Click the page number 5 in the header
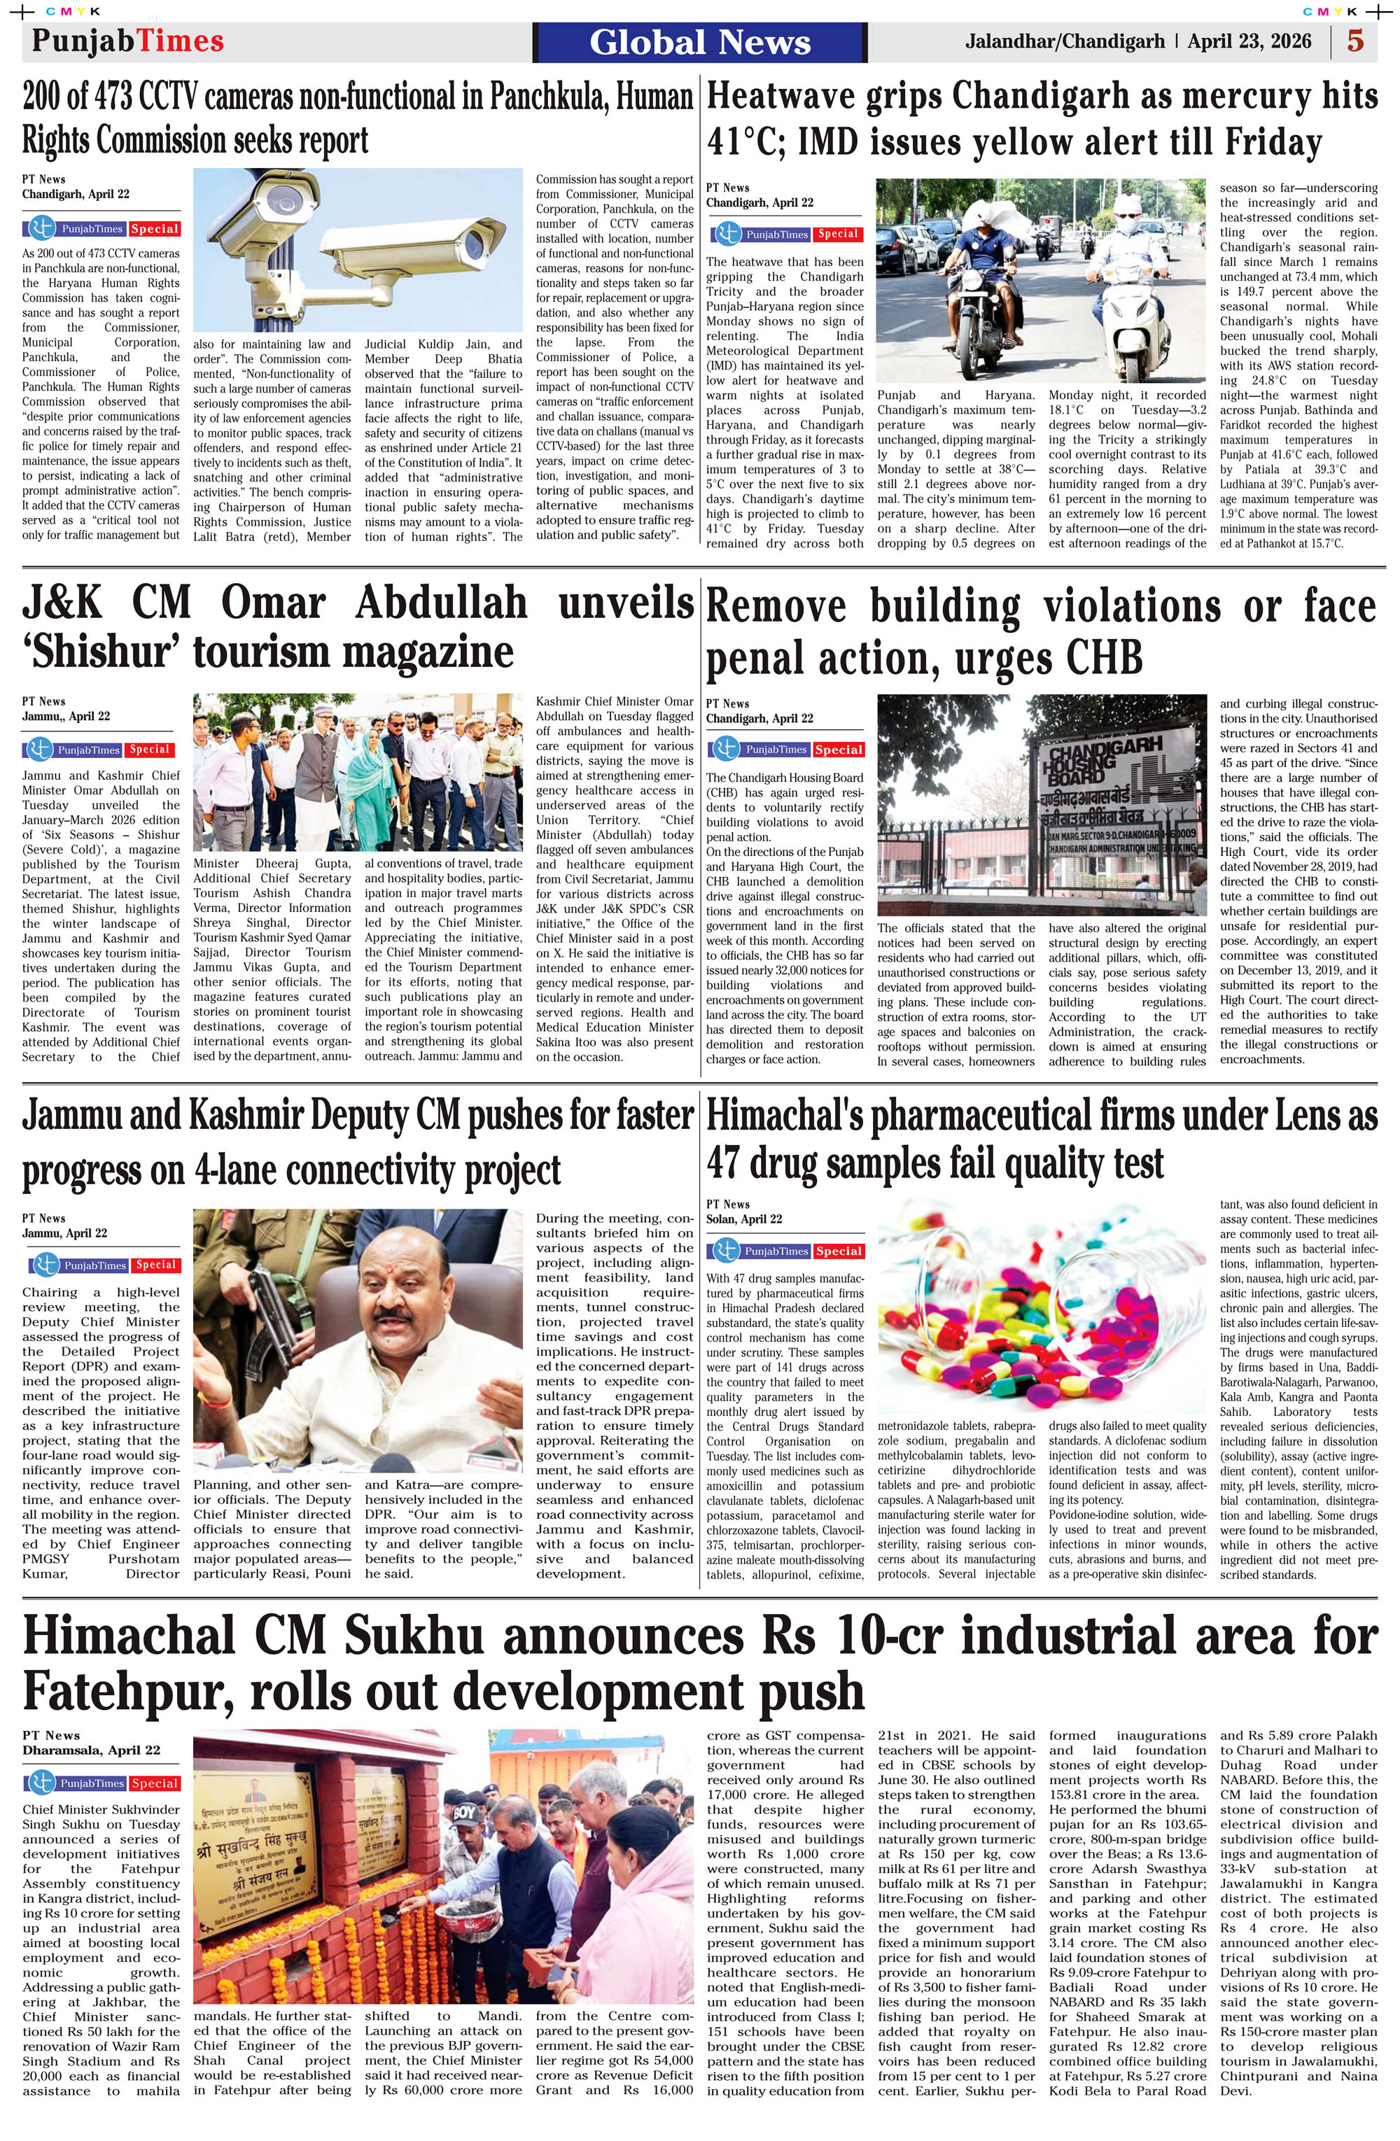click(x=1354, y=42)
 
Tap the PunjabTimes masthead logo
click(x=128, y=41)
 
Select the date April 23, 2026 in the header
click(x=1249, y=42)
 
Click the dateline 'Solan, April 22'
click(x=743, y=1219)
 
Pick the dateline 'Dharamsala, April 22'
click(x=91, y=1750)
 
